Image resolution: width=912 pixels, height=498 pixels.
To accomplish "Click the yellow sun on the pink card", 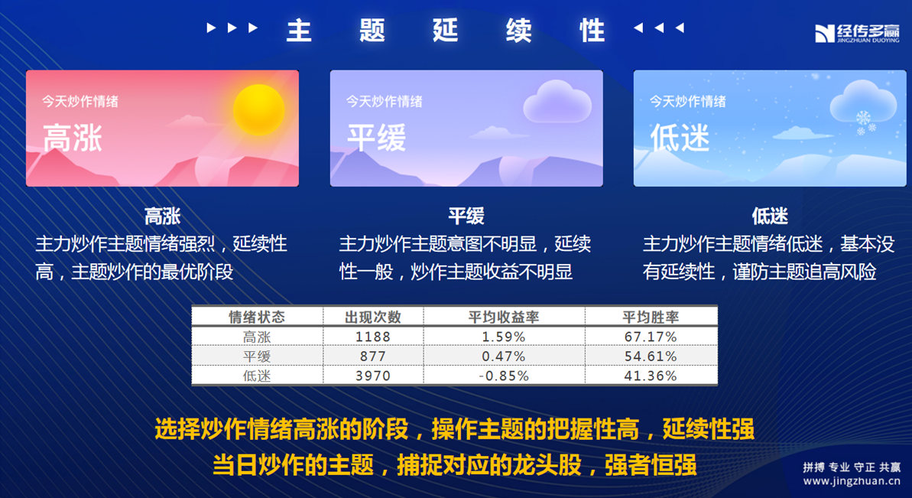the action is tap(259, 110).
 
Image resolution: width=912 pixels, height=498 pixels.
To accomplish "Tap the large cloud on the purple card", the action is tap(557, 102).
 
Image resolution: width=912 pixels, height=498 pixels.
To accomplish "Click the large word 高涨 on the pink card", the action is tap(73, 138).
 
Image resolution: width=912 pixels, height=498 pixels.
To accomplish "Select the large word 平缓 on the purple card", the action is tap(376, 138).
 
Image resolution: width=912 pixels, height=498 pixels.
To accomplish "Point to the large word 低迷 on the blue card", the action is tap(680, 138).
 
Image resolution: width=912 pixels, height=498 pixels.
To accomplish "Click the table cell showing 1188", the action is tap(373, 337).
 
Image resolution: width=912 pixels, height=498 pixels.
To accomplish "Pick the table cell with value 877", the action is tap(373, 356).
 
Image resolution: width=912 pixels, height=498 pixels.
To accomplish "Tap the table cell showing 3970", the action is tap(373, 376).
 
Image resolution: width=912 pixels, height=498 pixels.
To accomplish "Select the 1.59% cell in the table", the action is tap(504, 337).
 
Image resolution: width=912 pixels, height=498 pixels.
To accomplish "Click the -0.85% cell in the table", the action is tap(504, 376).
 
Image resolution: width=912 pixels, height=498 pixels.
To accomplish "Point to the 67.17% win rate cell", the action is tap(651, 337).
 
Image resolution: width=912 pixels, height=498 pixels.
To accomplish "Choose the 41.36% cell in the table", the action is tap(651, 376).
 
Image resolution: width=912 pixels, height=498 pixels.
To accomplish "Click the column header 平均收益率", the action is tap(504, 317).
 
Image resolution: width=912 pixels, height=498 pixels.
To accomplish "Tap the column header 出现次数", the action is tap(373, 317).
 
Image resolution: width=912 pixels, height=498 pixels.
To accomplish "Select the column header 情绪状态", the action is tap(257, 317).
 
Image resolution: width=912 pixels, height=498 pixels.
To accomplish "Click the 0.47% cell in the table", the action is tap(504, 356).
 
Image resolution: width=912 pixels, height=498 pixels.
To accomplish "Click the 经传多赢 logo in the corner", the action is tap(857, 33).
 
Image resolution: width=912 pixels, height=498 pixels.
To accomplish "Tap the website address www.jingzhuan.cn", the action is tap(852, 482).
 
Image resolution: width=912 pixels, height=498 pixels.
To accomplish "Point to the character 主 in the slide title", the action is tap(299, 31).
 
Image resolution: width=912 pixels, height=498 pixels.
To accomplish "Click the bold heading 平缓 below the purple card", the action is tap(466, 216).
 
